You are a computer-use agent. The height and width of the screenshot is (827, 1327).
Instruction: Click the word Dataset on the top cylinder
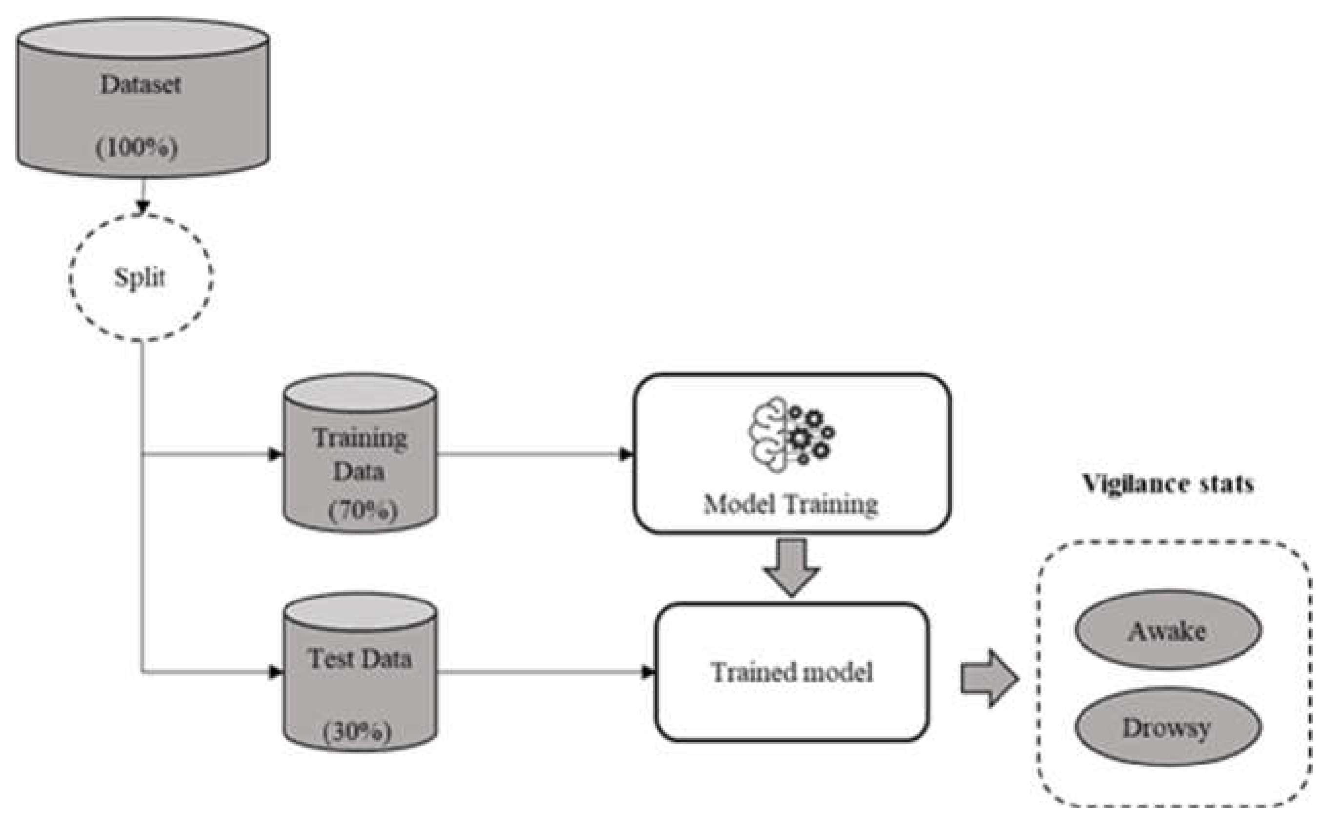click(140, 85)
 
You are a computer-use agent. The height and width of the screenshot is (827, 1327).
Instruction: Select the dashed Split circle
click(141, 277)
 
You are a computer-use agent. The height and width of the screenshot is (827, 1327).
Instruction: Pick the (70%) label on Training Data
click(363, 512)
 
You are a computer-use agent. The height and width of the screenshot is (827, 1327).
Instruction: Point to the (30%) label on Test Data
click(358, 732)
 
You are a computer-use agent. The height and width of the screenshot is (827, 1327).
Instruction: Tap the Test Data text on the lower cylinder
click(359, 659)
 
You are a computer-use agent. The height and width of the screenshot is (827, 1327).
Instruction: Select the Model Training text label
click(791, 504)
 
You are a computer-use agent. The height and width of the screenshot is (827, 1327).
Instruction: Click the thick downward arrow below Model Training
click(791, 567)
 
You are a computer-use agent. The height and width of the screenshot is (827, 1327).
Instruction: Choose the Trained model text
click(791, 672)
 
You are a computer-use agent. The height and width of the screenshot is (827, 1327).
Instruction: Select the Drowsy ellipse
click(1168, 727)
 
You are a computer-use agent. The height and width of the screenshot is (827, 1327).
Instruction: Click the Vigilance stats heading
click(1168, 483)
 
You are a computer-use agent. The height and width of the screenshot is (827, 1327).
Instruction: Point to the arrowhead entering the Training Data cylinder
click(276, 454)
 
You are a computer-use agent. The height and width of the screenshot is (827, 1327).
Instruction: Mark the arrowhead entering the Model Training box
click(626, 454)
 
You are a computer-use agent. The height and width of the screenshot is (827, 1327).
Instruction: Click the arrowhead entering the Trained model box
click(648, 672)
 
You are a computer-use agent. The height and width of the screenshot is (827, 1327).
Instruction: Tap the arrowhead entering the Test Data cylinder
click(276, 672)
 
